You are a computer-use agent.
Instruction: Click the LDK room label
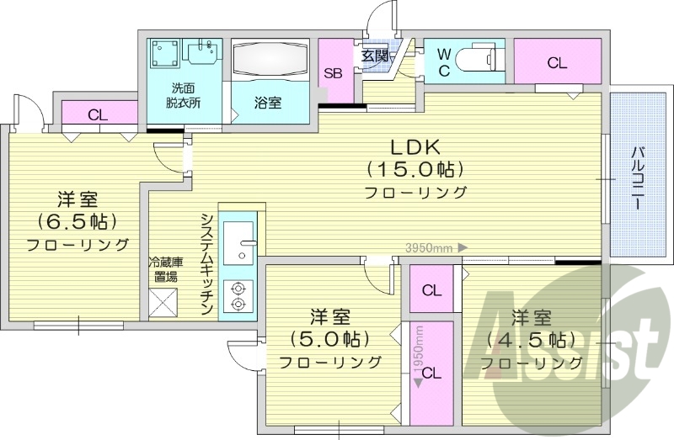tap(415, 144)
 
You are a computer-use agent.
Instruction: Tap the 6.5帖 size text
tap(78, 222)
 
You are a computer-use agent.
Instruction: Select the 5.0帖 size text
tap(330, 339)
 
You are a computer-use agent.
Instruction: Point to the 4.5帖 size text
tap(532, 339)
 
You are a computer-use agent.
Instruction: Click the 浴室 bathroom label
tap(268, 103)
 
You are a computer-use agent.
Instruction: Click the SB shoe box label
tap(334, 73)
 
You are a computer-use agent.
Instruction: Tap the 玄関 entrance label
tap(375, 56)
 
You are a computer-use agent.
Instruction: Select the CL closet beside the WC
tap(556, 62)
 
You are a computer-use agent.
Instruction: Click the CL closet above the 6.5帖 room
tap(97, 115)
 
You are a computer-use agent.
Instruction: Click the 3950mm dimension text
tap(430, 248)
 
